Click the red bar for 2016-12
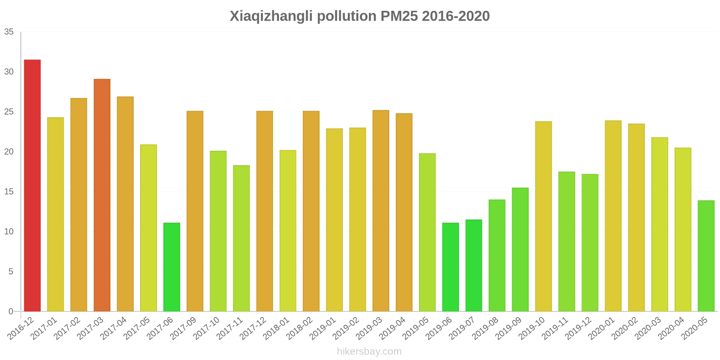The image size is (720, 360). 32,185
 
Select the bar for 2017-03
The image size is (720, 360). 102,195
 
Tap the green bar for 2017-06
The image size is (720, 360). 171,267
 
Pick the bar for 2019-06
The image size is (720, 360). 450,267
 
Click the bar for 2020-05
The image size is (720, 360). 706,256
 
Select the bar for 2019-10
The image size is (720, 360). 543,216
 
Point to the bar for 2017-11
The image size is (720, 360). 241,238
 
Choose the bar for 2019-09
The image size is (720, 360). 520,249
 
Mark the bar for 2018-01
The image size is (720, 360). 288,230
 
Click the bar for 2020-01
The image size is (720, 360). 613,216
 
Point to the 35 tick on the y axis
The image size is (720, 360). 9,32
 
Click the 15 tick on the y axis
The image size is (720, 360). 9,192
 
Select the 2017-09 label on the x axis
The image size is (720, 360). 185,328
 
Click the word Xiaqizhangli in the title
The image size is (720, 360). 271,16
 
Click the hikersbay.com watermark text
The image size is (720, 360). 369,351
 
